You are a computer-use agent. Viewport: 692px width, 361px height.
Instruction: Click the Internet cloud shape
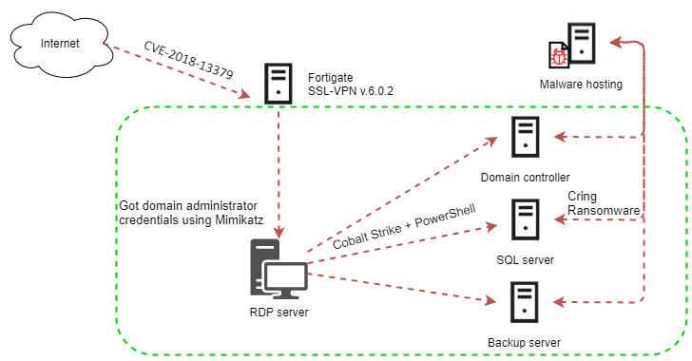tap(59, 43)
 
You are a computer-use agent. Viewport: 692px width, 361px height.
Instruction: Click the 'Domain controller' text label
tap(526, 178)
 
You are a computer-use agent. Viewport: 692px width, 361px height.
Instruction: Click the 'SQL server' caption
tap(526, 259)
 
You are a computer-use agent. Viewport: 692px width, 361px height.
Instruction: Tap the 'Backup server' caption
tap(525, 342)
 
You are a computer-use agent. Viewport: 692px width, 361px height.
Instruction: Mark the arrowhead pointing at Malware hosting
tap(616, 41)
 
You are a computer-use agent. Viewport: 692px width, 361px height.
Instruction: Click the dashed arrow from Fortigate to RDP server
tap(278, 171)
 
